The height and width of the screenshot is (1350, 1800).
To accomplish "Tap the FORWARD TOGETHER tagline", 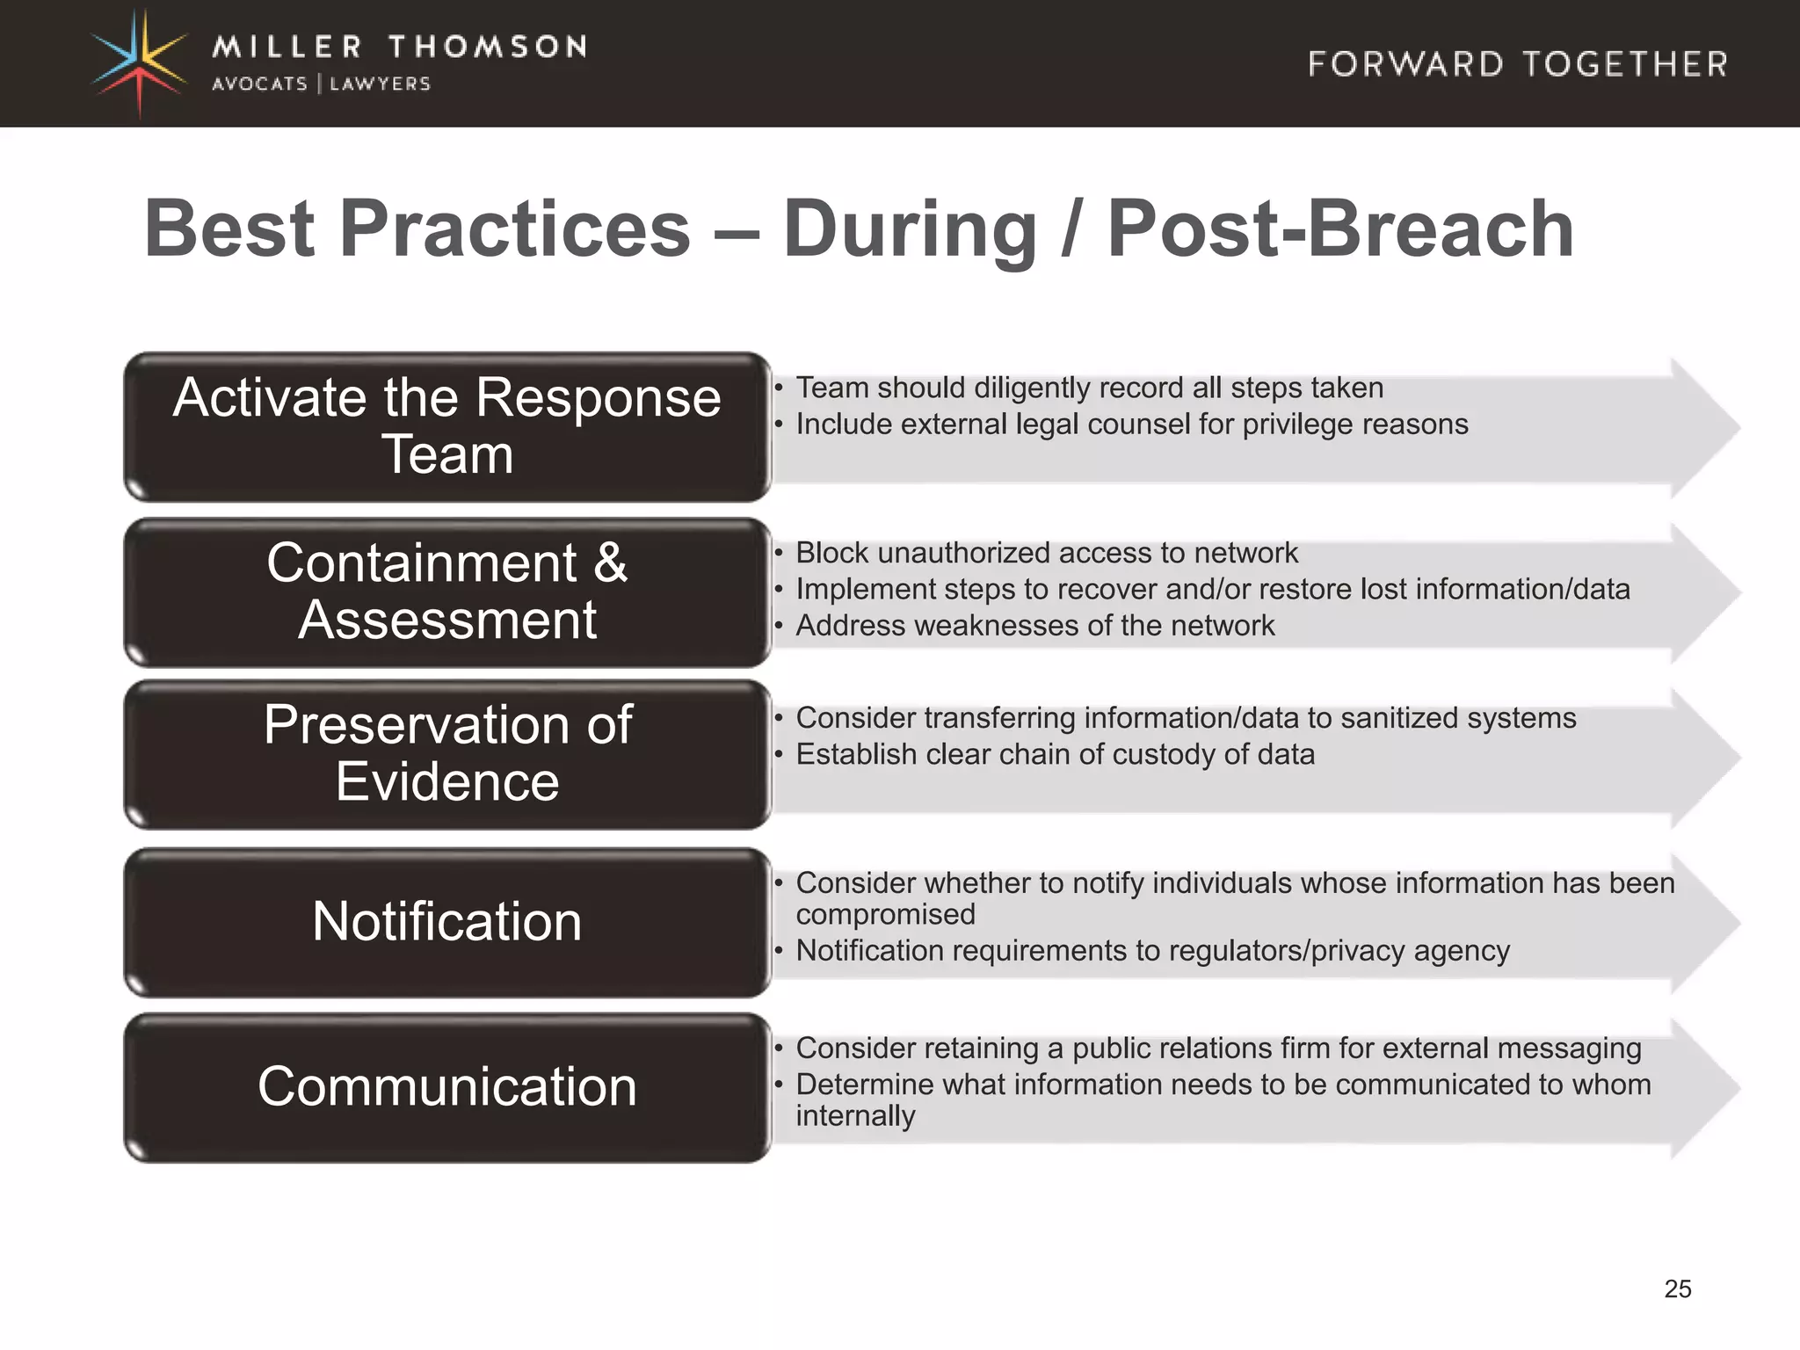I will click(x=1518, y=64).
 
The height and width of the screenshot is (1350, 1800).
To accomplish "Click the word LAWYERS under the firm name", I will click(x=380, y=84).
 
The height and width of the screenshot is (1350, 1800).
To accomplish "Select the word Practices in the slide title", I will click(x=515, y=229).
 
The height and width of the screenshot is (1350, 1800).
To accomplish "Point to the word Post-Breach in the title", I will click(x=1340, y=229).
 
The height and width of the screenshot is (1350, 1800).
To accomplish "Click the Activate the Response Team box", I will click(x=446, y=426).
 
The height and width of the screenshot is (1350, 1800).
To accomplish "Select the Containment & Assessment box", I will click(x=446, y=592).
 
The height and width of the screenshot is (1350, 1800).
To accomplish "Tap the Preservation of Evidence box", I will click(x=446, y=754).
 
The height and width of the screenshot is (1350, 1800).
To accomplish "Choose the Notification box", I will click(x=446, y=921).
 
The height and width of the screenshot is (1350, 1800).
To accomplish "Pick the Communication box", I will click(x=446, y=1086).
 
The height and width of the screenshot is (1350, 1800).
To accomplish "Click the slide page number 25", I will click(x=1677, y=1288).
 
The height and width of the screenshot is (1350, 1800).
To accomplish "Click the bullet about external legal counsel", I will click(x=1131, y=425).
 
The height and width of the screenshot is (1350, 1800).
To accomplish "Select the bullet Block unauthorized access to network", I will click(x=1046, y=553).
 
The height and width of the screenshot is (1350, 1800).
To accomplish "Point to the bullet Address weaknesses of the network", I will click(x=1034, y=626).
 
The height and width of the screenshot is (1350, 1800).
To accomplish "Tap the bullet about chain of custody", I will click(x=1055, y=755).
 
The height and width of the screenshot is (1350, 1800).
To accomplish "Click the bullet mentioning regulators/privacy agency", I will click(x=1152, y=951).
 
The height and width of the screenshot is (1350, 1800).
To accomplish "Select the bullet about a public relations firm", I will click(x=1217, y=1049).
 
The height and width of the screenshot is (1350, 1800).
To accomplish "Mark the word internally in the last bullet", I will click(x=855, y=1116).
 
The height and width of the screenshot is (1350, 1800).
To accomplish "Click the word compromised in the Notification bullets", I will click(x=885, y=915).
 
